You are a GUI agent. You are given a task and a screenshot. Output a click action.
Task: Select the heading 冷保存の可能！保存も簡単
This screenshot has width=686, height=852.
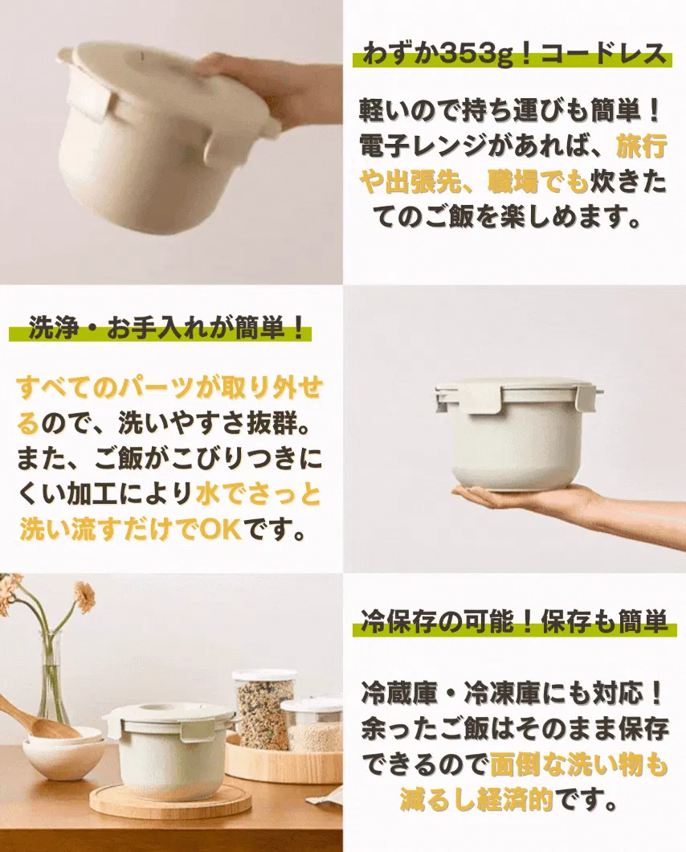point(514,621)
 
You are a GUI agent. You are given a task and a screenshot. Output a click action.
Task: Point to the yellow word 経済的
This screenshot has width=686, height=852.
point(514,799)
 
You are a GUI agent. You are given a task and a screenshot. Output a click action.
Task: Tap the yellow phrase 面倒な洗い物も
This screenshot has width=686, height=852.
point(578,764)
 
